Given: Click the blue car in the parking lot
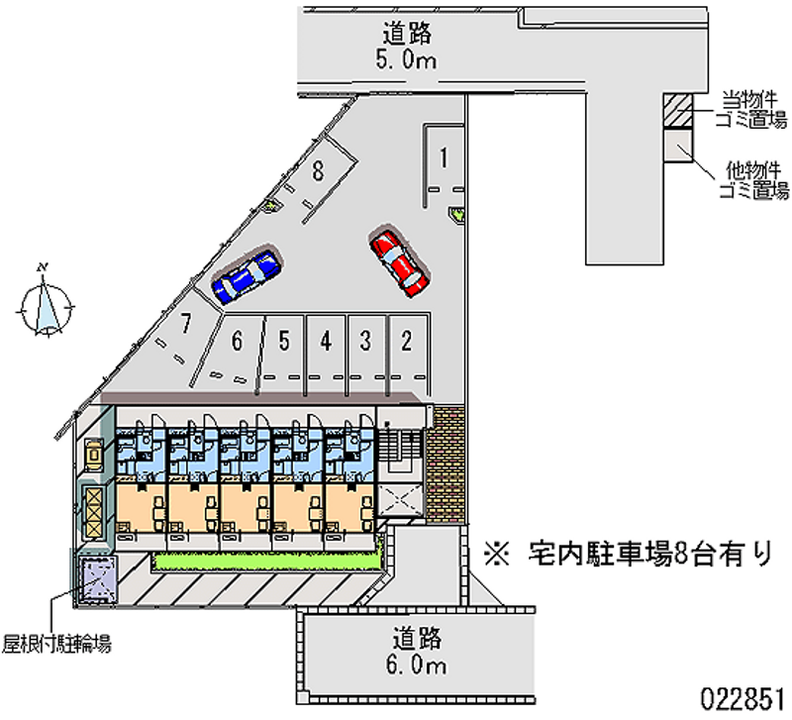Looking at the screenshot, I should coord(247,275).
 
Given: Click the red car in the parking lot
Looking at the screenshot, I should coord(398,261).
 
